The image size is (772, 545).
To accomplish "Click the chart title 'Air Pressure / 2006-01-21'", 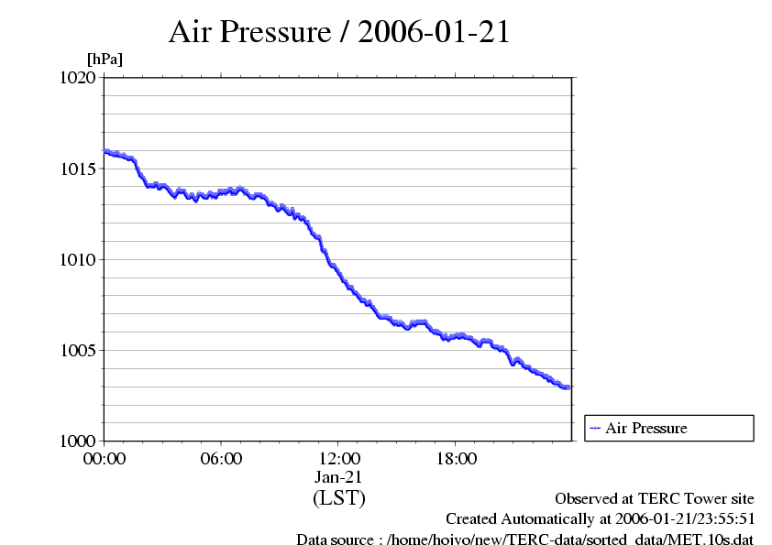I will pyautogui.click(x=339, y=32).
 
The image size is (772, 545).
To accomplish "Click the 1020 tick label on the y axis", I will pyautogui.click(x=77, y=79).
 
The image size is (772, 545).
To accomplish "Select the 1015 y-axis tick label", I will pyautogui.click(x=77, y=169).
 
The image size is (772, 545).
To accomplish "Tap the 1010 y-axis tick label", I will pyautogui.click(x=77, y=260).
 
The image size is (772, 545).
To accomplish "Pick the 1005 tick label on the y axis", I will pyautogui.click(x=77, y=351).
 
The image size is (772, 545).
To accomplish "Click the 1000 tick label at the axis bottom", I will pyautogui.click(x=77, y=441).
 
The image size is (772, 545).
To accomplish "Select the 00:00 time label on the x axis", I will pyautogui.click(x=105, y=459).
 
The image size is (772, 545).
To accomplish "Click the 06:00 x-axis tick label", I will pyautogui.click(x=222, y=459).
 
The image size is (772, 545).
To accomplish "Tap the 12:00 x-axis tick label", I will pyautogui.click(x=339, y=459).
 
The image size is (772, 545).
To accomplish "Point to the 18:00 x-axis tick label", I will pyautogui.click(x=457, y=459).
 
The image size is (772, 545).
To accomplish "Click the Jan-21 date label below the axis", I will pyautogui.click(x=339, y=477).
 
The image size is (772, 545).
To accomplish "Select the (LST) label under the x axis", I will pyautogui.click(x=339, y=498).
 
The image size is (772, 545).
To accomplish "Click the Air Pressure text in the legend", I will pyautogui.click(x=645, y=428).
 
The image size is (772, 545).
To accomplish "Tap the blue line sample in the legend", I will pyautogui.click(x=595, y=428).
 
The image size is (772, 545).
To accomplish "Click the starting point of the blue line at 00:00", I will pyautogui.click(x=105, y=151).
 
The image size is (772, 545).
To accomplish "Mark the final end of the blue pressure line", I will pyautogui.click(x=568, y=387).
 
